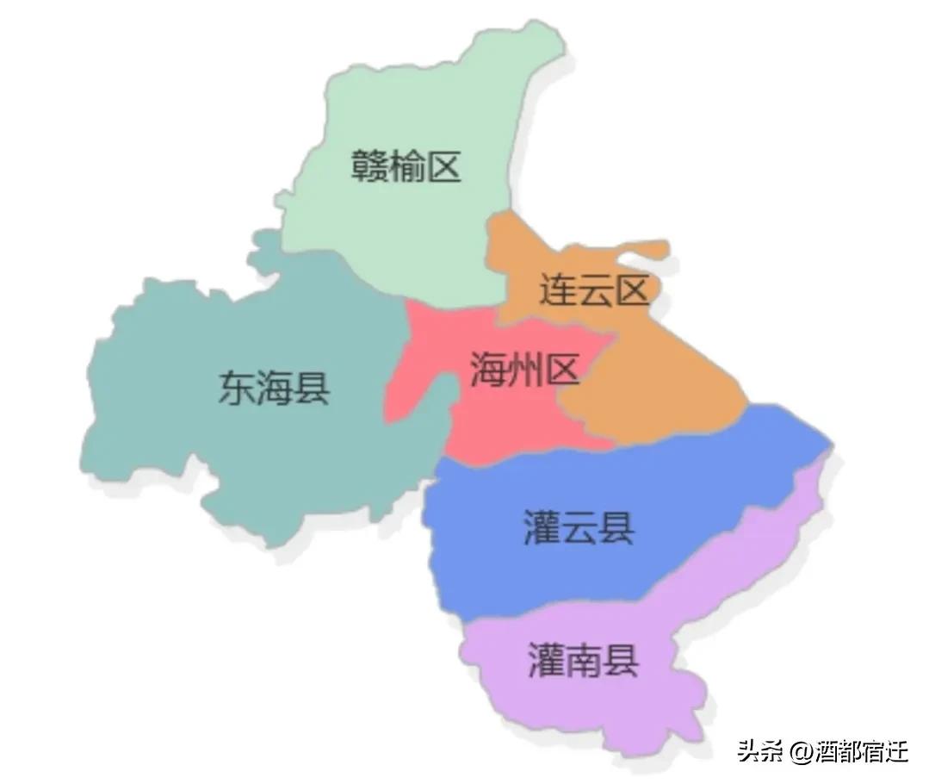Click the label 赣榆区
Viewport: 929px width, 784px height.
tap(406, 165)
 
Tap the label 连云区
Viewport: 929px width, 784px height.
tap(593, 291)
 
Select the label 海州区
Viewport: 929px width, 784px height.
tap(524, 371)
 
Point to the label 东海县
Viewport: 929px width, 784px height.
tap(274, 388)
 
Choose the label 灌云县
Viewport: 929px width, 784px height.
tap(579, 527)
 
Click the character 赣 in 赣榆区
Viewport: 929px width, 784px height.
tap(369, 165)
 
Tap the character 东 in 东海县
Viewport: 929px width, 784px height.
tap(237, 388)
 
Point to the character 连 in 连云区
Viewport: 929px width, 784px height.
tap(557, 291)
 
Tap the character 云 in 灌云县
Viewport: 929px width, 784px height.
tap(579, 527)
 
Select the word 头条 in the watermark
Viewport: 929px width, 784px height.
tap(759, 751)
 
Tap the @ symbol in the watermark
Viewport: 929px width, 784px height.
tap(802, 752)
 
